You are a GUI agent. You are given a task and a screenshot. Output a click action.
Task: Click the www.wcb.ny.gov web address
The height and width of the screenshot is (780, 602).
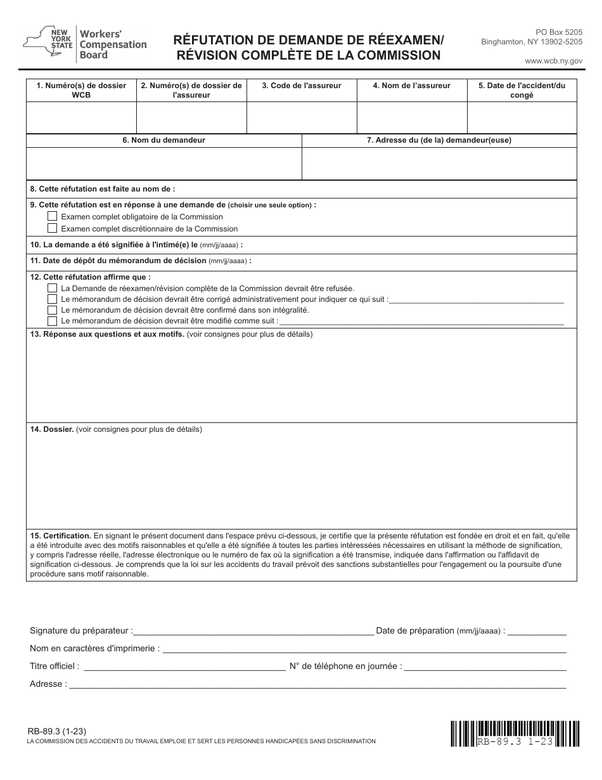(x=553, y=61)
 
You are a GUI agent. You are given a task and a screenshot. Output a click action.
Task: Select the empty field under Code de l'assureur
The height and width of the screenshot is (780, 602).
(x=302, y=117)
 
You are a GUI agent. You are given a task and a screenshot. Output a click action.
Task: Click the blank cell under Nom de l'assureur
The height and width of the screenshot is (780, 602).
(x=412, y=117)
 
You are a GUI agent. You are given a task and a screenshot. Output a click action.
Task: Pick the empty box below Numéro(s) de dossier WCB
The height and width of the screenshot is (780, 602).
(x=81, y=117)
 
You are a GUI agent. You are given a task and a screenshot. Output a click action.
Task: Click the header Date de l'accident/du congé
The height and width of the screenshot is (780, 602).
(x=522, y=90)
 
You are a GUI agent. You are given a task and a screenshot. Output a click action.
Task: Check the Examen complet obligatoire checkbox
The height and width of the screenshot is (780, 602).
(x=53, y=216)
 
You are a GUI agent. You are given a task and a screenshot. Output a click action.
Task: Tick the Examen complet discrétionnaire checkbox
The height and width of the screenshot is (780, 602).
(x=53, y=228)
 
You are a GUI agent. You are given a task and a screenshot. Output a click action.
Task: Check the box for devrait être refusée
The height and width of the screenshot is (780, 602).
(x=53, y=288)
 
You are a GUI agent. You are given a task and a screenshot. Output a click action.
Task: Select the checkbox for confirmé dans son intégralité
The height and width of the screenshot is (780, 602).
(x=53, y=310)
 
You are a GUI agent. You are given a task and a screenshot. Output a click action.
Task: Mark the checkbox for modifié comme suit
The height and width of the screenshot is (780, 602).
(x=53, y=321)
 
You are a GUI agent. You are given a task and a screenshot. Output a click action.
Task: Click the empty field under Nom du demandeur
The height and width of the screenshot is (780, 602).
(x=163, y=164)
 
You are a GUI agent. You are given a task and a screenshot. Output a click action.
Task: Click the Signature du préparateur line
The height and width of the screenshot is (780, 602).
(x=253, y=630)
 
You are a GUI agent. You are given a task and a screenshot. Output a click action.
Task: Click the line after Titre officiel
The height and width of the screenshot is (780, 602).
(x=184, y=666)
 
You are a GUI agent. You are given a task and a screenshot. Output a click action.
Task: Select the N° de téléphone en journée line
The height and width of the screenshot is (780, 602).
(x=485, y=666)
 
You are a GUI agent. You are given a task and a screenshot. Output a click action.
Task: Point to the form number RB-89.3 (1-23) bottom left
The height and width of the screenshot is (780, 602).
(x=54, y=731)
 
